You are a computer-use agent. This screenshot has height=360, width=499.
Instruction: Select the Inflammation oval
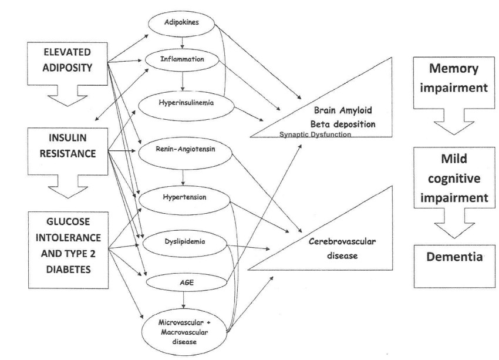182,59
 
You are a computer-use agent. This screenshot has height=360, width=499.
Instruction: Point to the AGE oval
187,282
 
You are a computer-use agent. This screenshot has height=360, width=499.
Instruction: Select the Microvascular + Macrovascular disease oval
184,332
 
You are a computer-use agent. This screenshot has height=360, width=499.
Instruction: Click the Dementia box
454,266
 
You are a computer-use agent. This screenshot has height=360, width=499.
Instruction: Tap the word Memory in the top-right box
453,69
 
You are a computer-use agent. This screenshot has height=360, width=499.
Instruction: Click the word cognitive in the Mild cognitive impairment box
454,179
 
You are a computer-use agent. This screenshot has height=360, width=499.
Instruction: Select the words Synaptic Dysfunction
315,134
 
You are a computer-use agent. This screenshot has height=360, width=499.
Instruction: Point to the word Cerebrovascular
342,241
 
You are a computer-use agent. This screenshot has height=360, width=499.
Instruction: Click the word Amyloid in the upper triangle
356,110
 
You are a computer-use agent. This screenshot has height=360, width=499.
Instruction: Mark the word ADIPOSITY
68,68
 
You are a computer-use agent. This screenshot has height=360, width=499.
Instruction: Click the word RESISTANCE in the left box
68,153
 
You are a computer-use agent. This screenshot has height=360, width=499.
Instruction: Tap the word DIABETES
69,270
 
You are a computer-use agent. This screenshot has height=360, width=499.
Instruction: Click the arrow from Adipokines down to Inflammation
183,42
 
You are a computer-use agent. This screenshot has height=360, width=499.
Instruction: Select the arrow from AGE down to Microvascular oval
183,300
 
